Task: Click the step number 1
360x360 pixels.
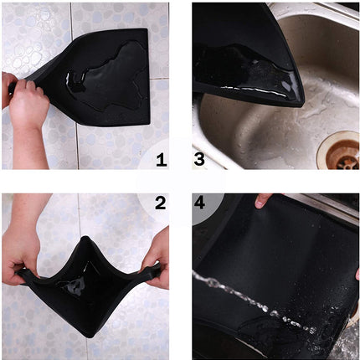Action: tap(160, 158)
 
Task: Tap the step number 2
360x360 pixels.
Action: tap(160, 203)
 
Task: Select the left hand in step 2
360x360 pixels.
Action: tap(20, 255)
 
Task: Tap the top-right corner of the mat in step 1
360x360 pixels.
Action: tap(146, 32)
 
